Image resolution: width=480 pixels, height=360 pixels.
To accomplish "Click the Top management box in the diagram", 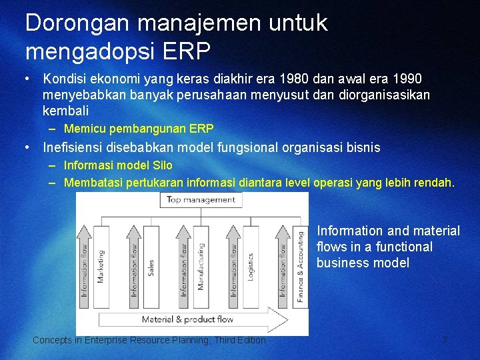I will (200, 199).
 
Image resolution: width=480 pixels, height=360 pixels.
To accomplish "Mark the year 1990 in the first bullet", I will (407, 79).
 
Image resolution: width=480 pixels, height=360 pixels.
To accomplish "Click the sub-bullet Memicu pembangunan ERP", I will (139, 129).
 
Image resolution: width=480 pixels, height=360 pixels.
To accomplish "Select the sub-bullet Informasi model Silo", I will (118, 165).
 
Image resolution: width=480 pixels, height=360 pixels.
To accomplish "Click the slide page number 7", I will (445, 341).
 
